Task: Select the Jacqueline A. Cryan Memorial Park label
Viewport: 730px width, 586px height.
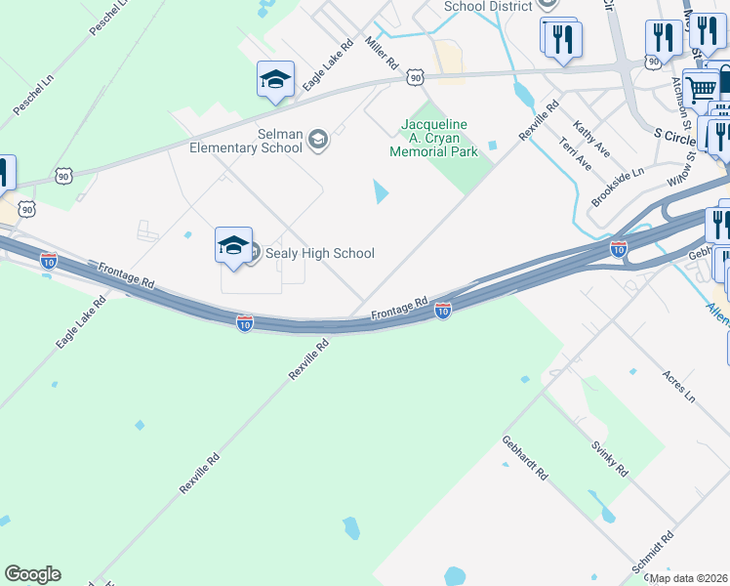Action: [434, 138]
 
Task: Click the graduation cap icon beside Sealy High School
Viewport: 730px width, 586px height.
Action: [233, 245]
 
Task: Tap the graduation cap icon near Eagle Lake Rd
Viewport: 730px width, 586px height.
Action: [275, 79]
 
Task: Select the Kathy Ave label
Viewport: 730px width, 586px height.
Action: [592, 139]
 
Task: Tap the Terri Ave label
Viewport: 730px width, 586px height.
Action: [575, 152]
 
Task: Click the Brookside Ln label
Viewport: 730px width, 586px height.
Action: [618, 187]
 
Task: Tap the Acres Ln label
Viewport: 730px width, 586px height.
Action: [677, 386]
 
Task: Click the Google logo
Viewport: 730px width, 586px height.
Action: [32, 574]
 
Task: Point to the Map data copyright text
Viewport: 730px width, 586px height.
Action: [689, 578]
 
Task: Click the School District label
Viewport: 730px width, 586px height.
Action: [488, 6]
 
